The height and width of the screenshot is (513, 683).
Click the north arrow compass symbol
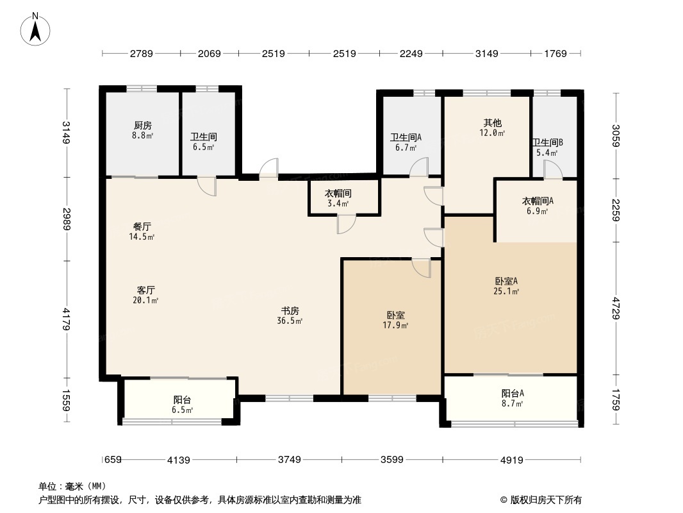pyautogui.click(x=35, y=29)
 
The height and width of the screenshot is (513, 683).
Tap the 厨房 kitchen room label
pyautogui.click(x=143, y=126)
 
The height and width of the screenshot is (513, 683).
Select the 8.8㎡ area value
pyautogui.click(x=143, y=135)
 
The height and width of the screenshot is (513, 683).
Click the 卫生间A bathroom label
pyautogui.click(x=406, y=138)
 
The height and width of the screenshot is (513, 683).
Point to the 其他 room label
pyautogui.click(x=492, y=123)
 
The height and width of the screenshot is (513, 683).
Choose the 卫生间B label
pyautogui.click(x=548, y=142)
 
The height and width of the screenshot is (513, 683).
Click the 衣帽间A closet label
pyautogui.click(x=538, y=201)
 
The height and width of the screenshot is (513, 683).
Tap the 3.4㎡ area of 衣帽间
pyautogui.click(x=338, y=203)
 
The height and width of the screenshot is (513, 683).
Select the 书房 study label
pyautogui.click(x=290, y=311)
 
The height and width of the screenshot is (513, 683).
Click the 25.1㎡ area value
pyautogui.click(x=506, y=291)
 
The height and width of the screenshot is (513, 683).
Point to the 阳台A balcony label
pyautogui.click(x=513, y=393)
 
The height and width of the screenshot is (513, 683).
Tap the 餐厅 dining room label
pyautogui.click(x=142, y=226)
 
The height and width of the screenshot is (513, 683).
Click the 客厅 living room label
pyautogui.click(x=146, y=290)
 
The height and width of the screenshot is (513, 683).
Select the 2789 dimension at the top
pyautogui.click(x=142, y=54)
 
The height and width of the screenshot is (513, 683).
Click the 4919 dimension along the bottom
pyautogui.click(x=511, y=459)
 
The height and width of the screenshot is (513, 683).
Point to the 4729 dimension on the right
pyautogui.click(x=616, y=308)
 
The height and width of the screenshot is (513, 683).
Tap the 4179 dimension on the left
pyautogui.click(x=66, y=319)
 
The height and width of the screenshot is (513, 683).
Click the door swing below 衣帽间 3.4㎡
pyautogui.click(x=346, y=224)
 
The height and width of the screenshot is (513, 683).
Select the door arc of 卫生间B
pyautogui.click(x=553, y=169)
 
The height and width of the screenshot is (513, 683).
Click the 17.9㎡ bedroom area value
pyautogui.click(x=395, y=325)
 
